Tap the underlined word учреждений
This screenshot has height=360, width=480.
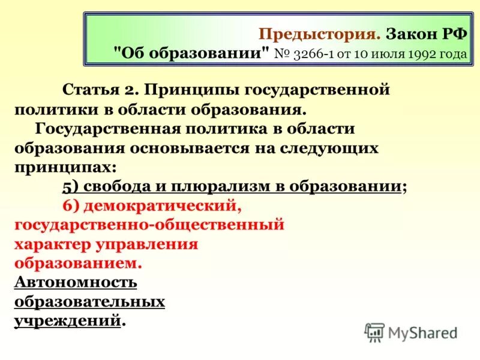(67, 320)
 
